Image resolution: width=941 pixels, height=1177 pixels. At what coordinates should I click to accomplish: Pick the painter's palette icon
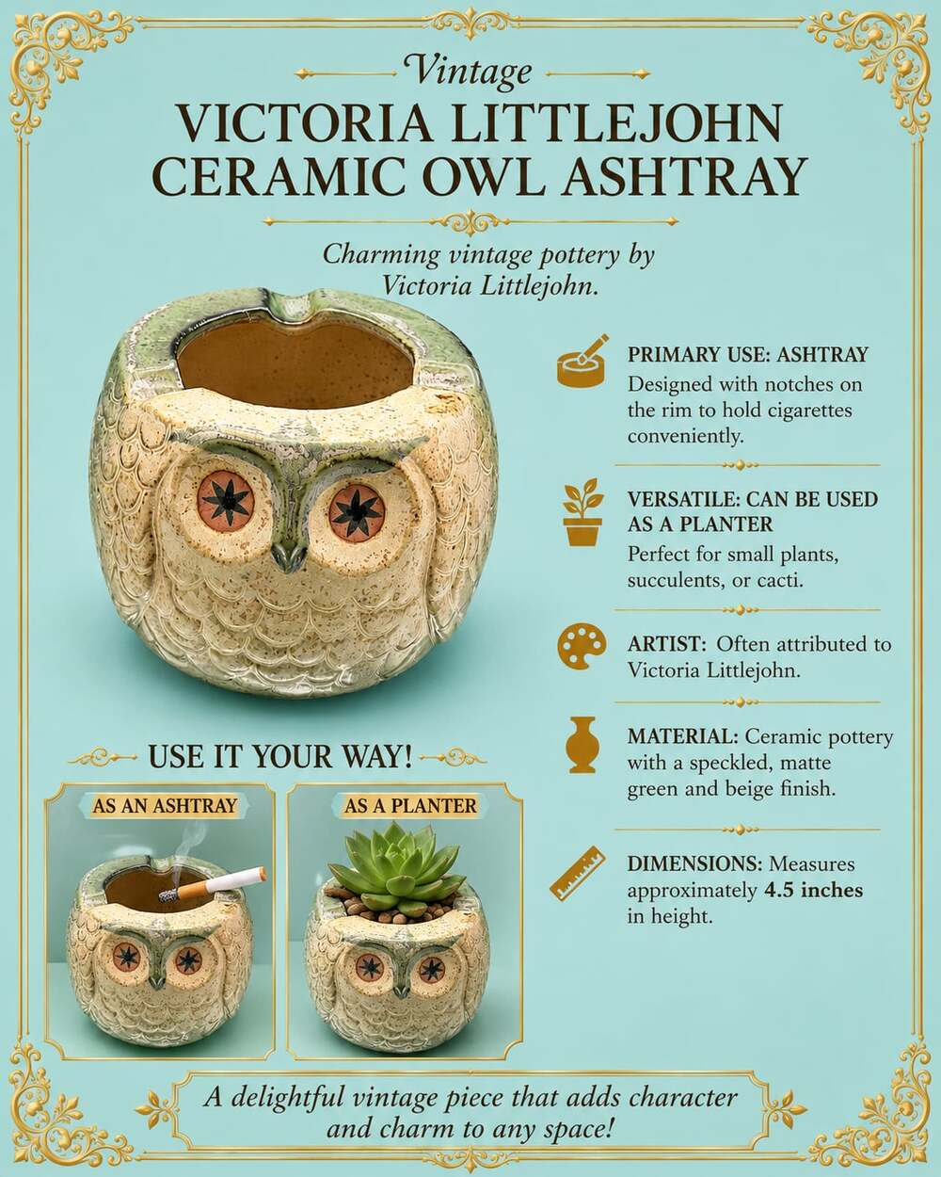coord(582,646)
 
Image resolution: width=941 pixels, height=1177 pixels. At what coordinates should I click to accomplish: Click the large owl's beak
coord(289,556)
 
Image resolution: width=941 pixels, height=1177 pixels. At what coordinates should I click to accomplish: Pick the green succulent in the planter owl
coord(395,866)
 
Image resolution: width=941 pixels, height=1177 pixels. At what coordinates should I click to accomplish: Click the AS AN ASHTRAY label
coord(165,805)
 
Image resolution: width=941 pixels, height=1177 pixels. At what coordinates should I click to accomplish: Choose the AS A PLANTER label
coord(410,806)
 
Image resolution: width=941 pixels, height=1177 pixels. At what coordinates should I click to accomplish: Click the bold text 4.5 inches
coord(813,890)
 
